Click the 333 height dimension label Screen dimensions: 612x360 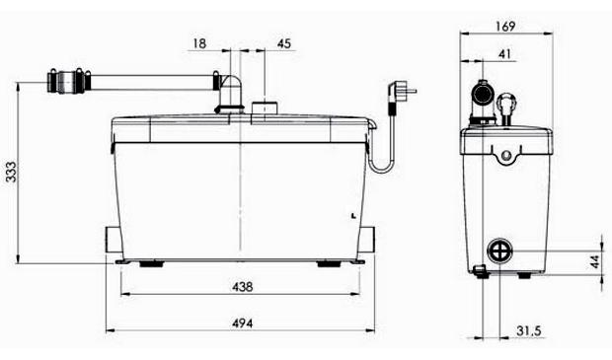click(x=11, y=172)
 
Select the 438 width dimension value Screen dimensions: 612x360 click(x=243, y=287)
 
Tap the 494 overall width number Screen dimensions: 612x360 click(x=243, y=324)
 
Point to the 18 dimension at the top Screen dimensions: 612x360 click(x=199, y=43)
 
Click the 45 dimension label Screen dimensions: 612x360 click(x=284, y=43)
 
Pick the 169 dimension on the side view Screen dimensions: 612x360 click(x=505, y=27)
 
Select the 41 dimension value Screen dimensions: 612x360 click(x=505, y=54)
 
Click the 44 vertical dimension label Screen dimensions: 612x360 click(x=594, y=261)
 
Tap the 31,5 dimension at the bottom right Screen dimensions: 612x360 click(x=529, y=331)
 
